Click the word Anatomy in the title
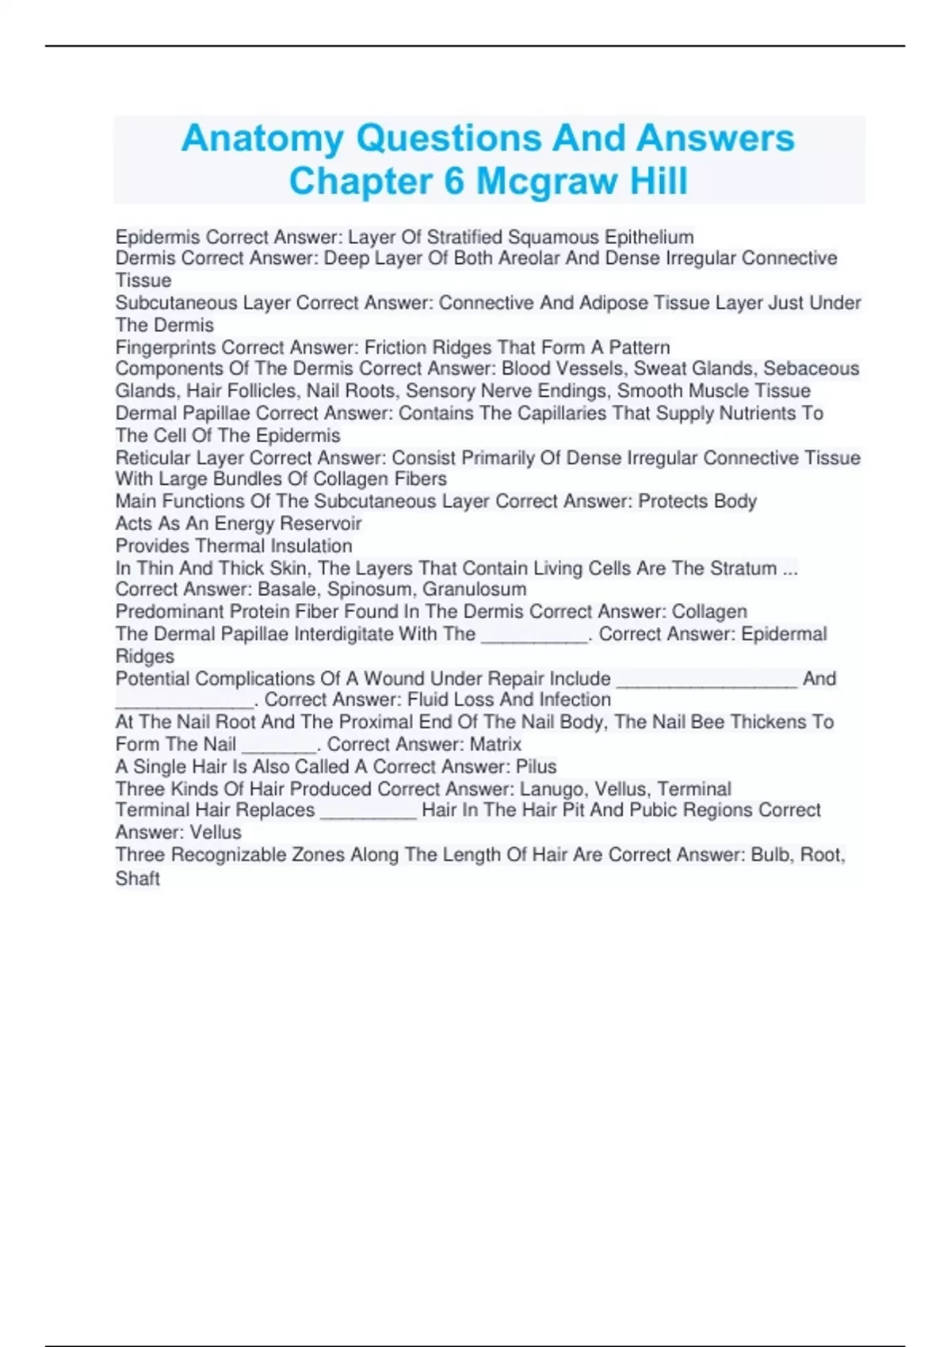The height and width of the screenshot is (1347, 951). click(262, 139)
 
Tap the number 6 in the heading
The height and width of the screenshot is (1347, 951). click(453, 181)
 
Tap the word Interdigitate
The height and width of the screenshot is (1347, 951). click(343, 634)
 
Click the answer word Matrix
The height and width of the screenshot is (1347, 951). click(495, 744)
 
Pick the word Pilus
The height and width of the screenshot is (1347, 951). click(536, 766)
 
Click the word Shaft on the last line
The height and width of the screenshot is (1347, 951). click(138, 878)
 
